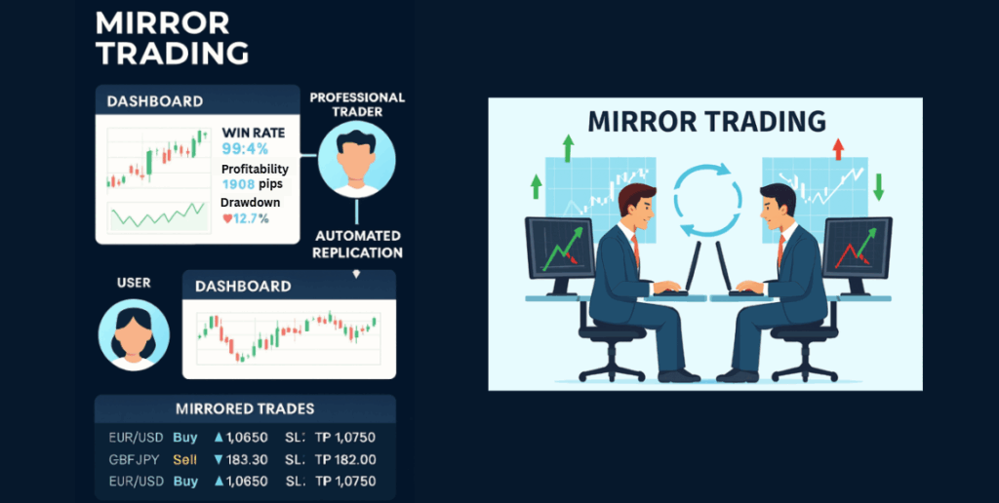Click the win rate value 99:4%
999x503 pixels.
click(244, 149)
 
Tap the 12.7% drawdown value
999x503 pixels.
click(252, 218)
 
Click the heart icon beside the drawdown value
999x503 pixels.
click(227, 218)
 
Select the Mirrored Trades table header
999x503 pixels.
click(244, 408)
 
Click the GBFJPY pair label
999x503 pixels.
click(133, 459)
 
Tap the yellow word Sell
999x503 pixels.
click(185, 459)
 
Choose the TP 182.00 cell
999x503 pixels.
click(344, 459)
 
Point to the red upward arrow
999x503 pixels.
click(836, 149)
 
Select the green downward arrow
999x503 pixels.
click(877, 186)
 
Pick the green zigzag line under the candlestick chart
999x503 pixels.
click(156, 214)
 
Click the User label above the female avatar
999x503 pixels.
click(134, 283)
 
